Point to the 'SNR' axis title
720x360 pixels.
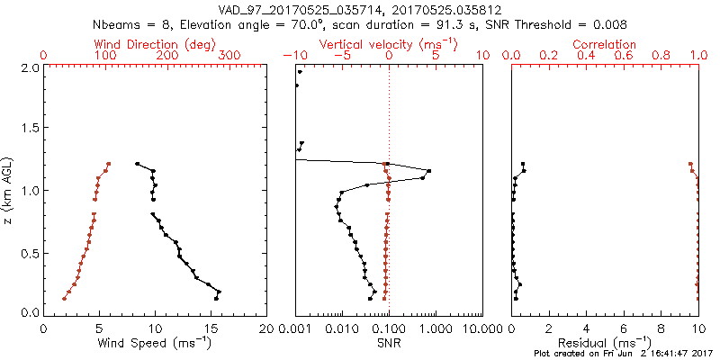[389, 343]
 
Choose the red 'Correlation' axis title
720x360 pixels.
[605, 44]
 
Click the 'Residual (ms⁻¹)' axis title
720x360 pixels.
[605, 343]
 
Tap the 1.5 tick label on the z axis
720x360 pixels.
[29, 129]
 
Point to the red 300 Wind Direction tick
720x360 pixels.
[229, 56]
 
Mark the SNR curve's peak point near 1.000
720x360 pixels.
[428, 171]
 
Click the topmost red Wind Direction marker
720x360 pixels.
[108, 164]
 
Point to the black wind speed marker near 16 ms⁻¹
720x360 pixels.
[218, 292]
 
